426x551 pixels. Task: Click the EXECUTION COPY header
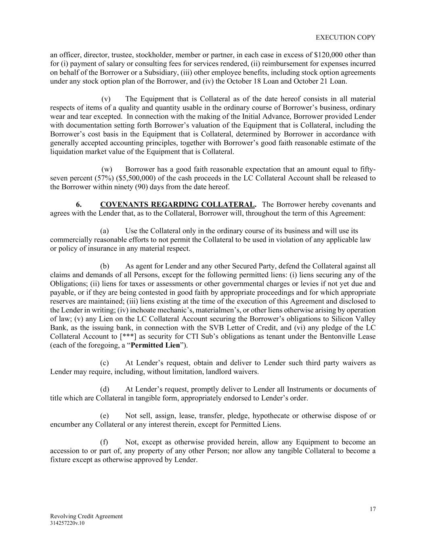(x=345, y=37)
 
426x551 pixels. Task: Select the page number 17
(x=373, y=509)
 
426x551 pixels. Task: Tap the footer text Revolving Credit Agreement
(x=86, y=516)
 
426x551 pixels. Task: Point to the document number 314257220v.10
(x=67, y=523)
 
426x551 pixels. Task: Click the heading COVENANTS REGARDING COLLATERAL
(x=178, y=204)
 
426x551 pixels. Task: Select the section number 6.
(x=79, y=204)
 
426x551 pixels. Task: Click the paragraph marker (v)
(x=106, y=99)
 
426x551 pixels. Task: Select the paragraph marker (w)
(x=107, y=169)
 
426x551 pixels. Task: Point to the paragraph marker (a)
(x=105, y=231)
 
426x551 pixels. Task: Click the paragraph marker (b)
(x=105, y=266)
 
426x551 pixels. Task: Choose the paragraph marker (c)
(x=105, y=363)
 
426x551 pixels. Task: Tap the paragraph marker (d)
(x=105, y=390)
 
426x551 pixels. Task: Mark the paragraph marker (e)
(x=105, y=416)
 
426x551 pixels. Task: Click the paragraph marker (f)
(x=104, y=442)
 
